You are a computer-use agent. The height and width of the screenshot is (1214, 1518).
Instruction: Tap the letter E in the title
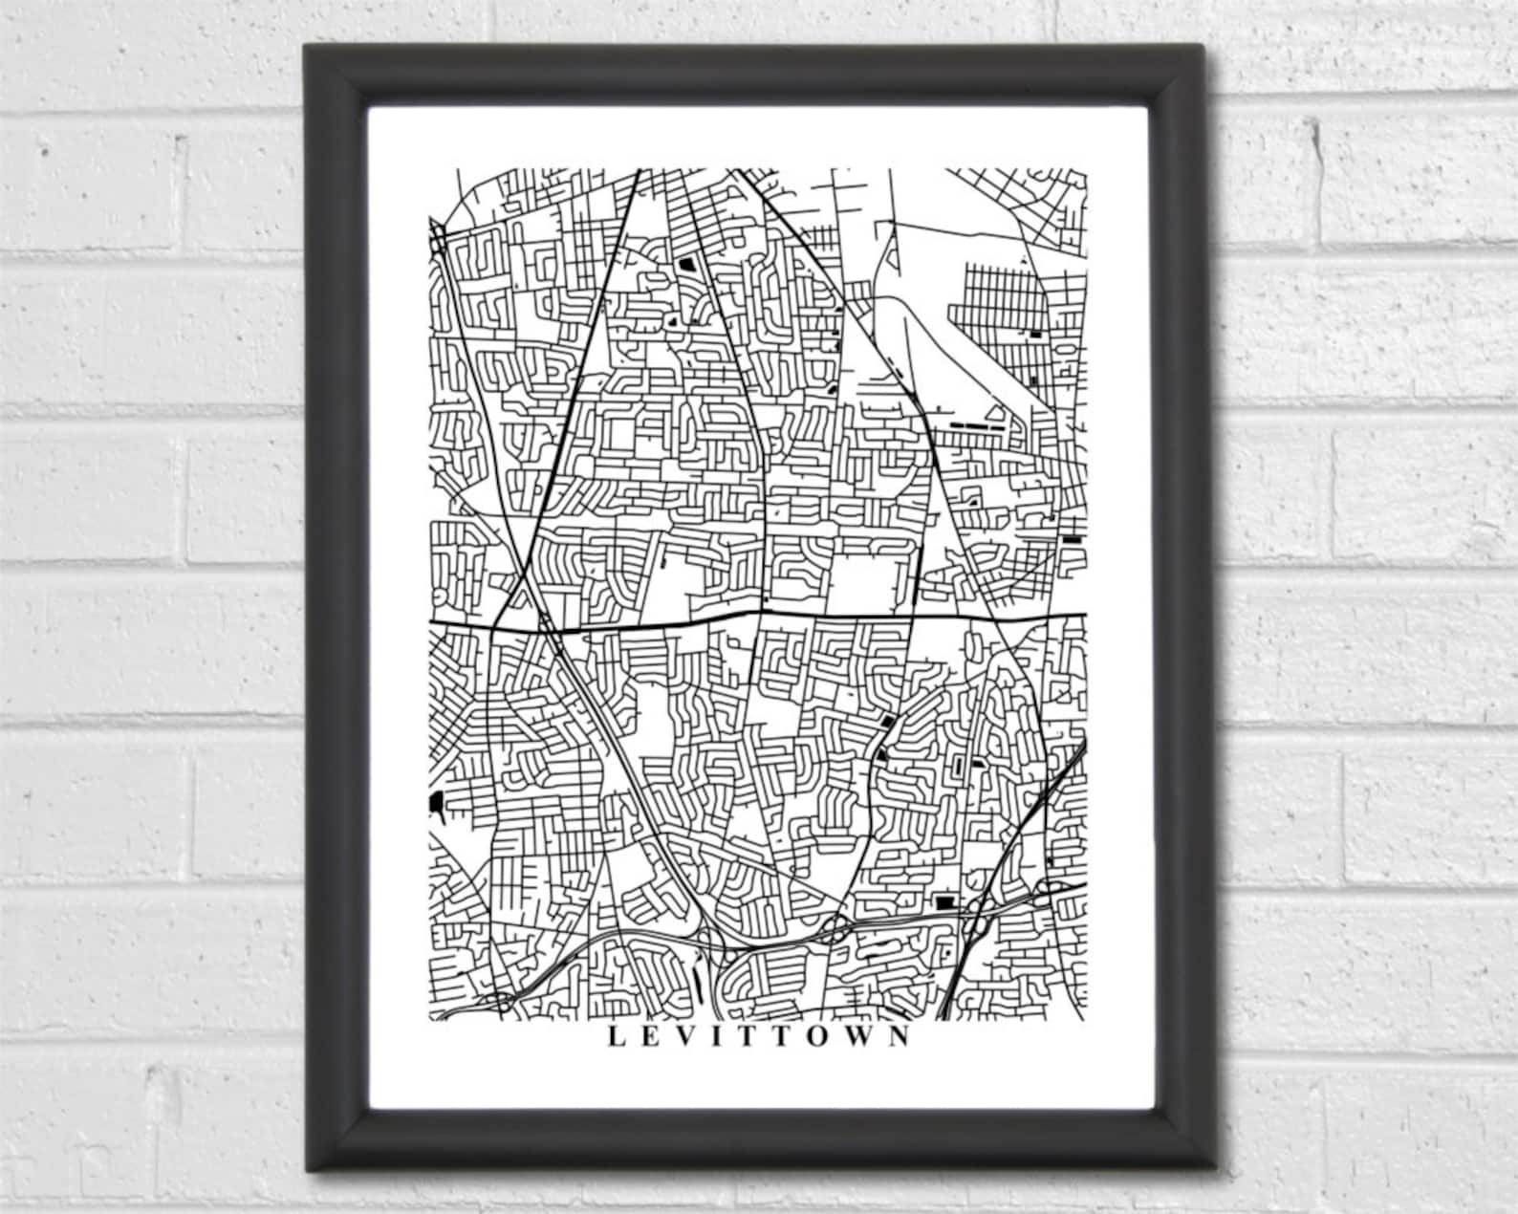click(647, 1036)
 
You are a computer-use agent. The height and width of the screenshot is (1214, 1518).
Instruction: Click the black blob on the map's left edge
click(437, 803)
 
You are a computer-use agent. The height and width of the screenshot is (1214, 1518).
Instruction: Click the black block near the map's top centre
click(685, 262)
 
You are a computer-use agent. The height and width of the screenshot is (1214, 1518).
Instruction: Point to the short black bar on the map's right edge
click(1073, 539)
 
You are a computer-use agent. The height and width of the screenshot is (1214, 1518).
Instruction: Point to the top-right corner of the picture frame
click(1213, 48)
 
